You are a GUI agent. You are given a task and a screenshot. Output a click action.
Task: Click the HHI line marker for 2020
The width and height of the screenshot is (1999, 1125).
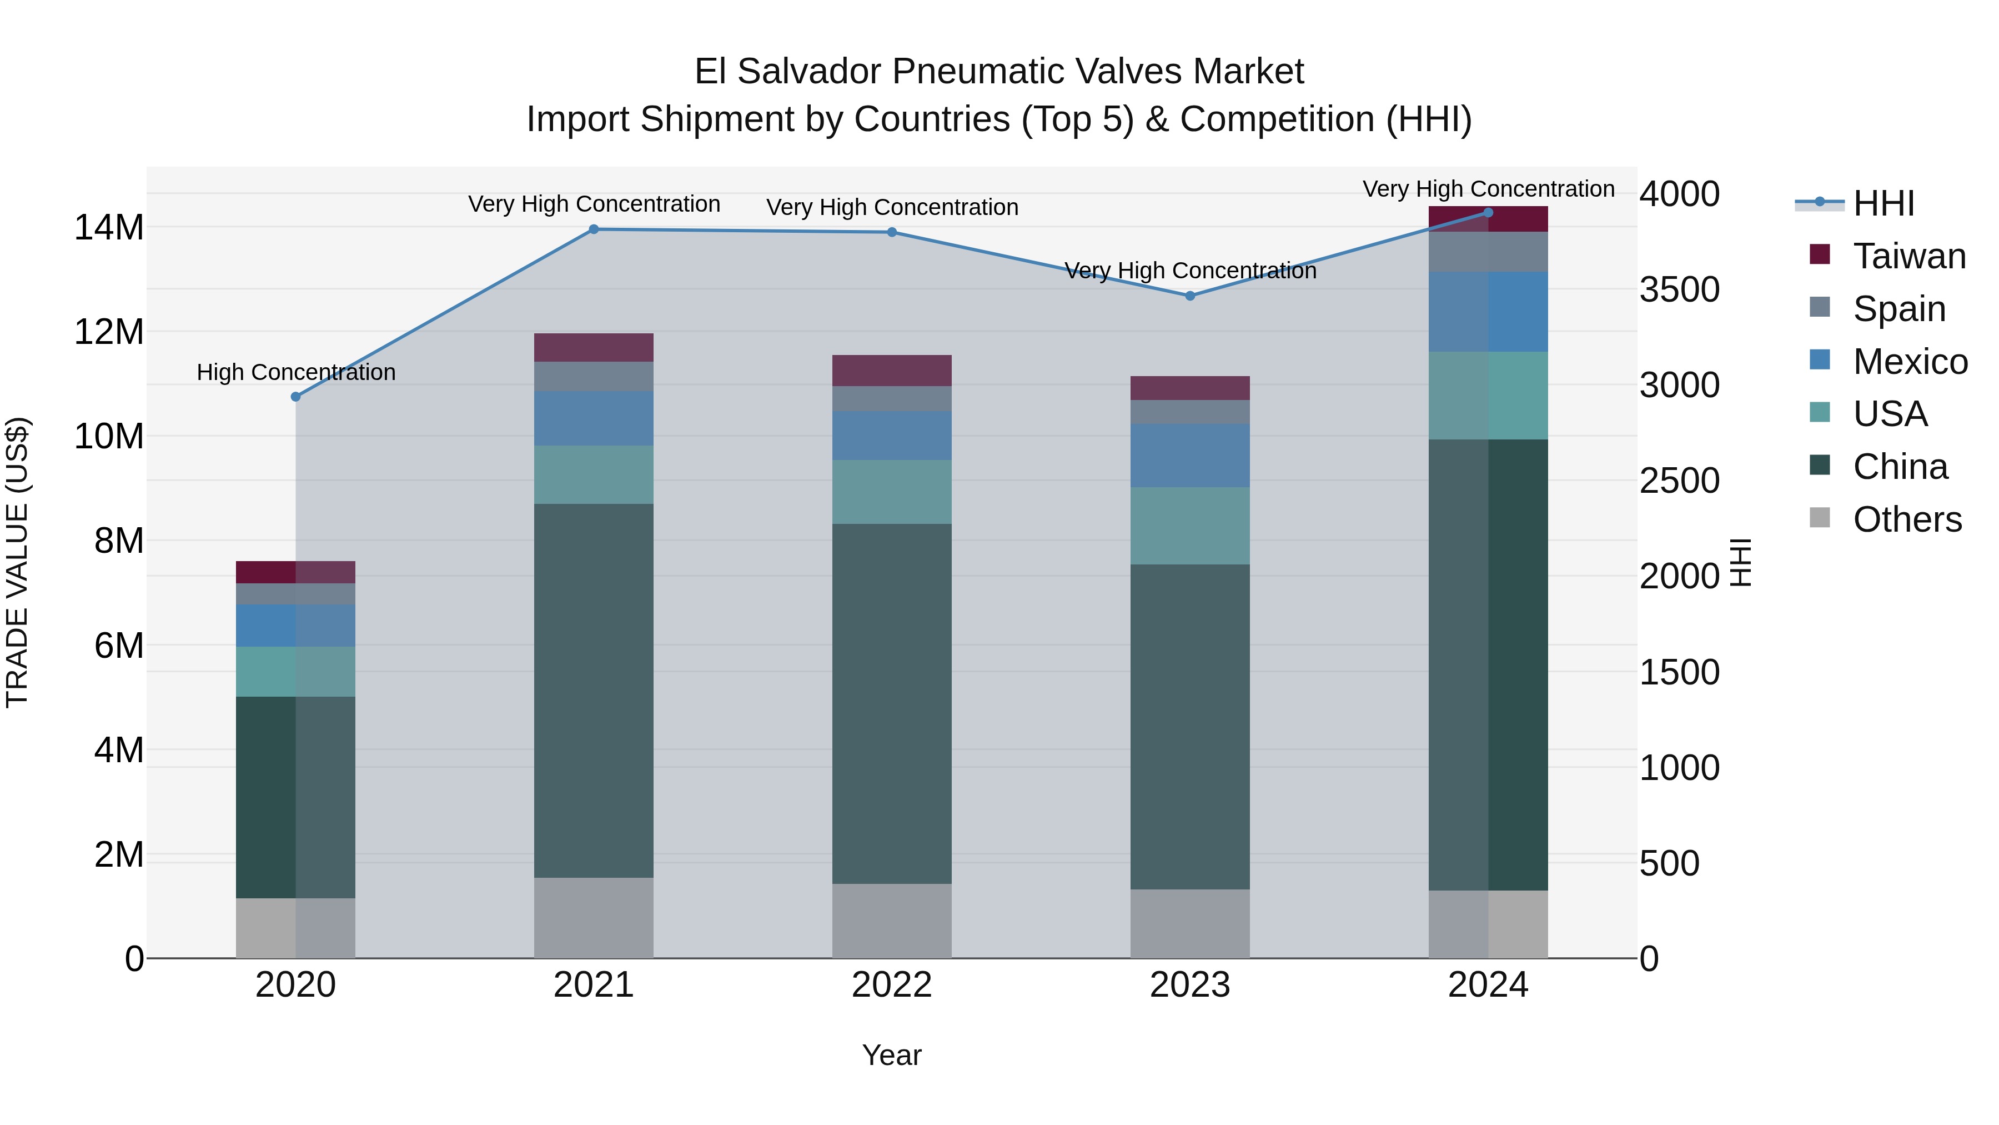(x=295, y=397)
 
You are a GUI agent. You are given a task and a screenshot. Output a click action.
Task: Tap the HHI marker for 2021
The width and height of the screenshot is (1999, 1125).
(x=594, y=229)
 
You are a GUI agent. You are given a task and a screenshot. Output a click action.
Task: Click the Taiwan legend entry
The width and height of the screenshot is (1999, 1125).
(x=1909, y=256)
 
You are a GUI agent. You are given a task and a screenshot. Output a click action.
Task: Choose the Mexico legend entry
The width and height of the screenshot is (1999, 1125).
(x=1910, y=362)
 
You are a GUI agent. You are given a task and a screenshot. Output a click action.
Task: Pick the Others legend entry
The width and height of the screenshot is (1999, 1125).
(x=1907, y=519)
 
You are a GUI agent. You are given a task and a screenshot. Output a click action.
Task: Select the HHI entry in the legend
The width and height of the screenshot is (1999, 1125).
(x=1884, y=203)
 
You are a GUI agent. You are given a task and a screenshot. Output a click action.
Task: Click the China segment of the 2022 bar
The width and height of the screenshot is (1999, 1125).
(x=892, y=703)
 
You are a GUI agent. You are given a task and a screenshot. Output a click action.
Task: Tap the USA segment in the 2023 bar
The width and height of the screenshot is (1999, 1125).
(x=1189, y=526)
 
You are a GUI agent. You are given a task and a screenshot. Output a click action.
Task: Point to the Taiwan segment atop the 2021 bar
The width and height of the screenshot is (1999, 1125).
(x=594, y=347)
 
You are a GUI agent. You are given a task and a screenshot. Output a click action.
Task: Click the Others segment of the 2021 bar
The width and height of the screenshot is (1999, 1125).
(x=594, y=918)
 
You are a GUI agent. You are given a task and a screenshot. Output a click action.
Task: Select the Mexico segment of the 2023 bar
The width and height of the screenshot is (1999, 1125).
(x=1189, y=456)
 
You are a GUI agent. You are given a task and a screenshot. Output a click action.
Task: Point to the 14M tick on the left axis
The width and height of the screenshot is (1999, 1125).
(x=109, y=227)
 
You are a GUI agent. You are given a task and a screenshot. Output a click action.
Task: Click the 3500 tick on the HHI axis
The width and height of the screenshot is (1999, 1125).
(x=1679, y=289)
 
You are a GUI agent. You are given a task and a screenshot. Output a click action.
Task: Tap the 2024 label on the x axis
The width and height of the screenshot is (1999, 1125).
(x=1488, y=985)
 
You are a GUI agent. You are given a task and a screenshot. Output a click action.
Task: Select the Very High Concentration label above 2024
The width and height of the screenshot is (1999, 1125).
(x=1488, y=189)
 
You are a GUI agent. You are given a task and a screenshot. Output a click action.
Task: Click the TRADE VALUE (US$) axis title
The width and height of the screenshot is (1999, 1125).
(x=17, y=562)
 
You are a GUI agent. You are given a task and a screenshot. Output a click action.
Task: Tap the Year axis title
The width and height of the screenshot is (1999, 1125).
(x=892, y=1055)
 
